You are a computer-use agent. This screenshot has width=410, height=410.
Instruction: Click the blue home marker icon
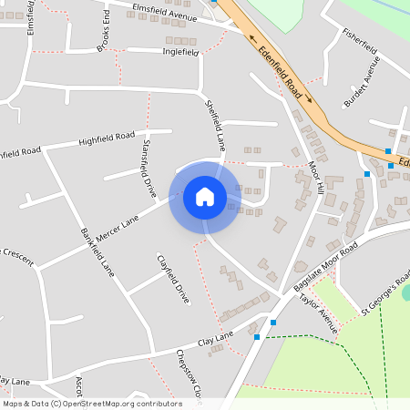point(205,197)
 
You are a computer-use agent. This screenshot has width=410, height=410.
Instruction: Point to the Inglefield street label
point(180,53)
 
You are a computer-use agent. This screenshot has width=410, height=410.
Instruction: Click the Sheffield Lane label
point(215,126)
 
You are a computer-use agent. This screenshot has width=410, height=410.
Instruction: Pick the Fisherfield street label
point(359,42)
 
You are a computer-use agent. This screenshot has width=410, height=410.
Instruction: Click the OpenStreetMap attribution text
point(92,404)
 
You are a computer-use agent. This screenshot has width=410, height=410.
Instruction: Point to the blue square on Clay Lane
point(258,337)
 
